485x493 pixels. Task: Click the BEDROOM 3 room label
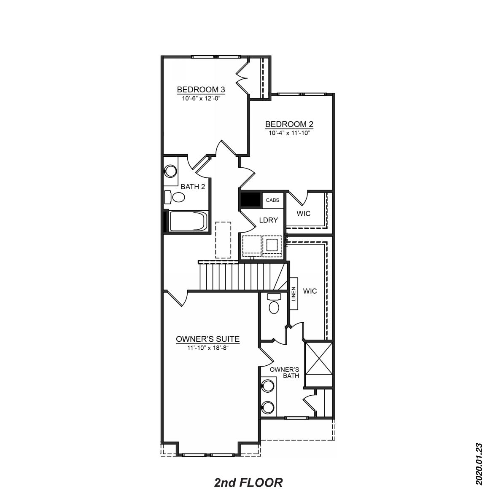(201, 90)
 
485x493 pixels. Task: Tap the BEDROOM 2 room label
(289, 124)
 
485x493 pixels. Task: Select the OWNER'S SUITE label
(208, 339)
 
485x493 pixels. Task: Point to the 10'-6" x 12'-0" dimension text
(201, 99)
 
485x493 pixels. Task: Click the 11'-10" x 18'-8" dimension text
(207, 348)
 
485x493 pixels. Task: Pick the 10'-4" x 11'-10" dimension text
(289, 133)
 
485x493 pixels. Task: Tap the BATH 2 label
(193, 187)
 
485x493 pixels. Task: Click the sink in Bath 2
(170, 171)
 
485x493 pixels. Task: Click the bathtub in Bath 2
(188, 221)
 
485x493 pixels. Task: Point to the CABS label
(272, 200)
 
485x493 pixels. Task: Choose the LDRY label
(269, 220)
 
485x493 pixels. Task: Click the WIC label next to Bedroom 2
(303, 214)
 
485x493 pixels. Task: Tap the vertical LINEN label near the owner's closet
(294, 294)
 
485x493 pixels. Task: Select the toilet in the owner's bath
(274, 304)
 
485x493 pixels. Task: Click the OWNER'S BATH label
(285, 372)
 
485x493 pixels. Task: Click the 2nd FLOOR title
(248, 482)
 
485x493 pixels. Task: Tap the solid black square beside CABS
(251, 200)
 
